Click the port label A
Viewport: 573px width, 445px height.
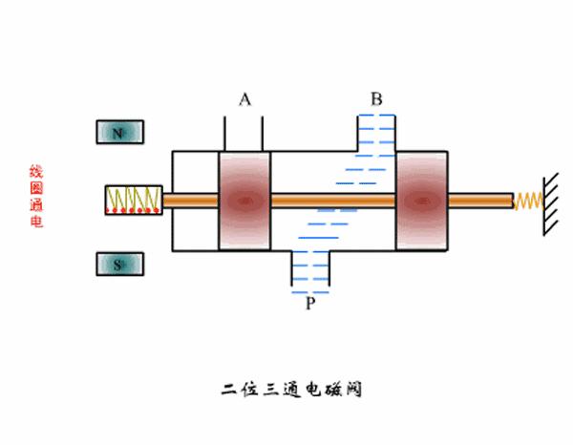(x=244, y=99)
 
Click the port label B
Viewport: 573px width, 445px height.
(x=376, y=98)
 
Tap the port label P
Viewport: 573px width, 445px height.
(x=309, y=303)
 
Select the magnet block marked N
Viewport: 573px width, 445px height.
(x=119, y=133)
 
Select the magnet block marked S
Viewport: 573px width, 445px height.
(x=119, y=265)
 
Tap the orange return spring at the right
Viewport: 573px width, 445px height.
(x=528, y=201)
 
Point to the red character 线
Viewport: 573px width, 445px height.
(x=36, y=172)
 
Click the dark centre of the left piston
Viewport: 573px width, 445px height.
(x=245, y=201)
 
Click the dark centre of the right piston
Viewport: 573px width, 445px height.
(x=420, y=201)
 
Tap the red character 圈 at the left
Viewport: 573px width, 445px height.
(x=36, y=188)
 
